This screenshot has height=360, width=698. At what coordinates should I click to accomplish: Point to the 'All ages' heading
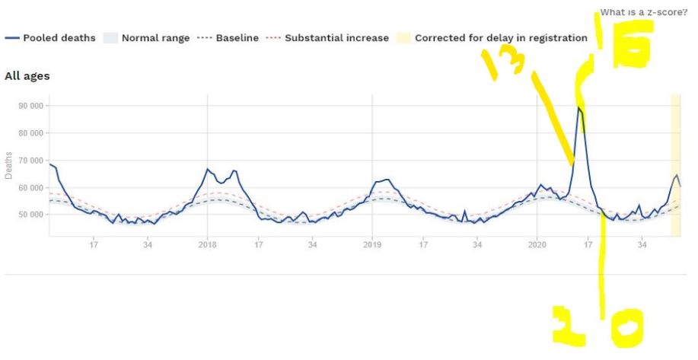pyautogui.click(x=27, y=76)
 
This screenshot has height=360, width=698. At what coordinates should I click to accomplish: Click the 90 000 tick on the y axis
pyautogui.click(x=31, y=106)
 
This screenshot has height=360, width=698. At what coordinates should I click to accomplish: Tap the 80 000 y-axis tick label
pyautogui.click(x=31, y=133)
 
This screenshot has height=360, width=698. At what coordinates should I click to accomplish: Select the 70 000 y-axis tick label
pyautogui.click(x=31, y=161)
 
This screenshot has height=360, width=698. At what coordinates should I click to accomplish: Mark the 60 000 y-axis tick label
pyautogui.click(x=31, y=188)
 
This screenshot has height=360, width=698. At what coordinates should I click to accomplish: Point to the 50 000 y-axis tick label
pyautogui.click(x=31, y=215)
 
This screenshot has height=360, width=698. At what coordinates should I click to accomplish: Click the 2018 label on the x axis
pyautogui.click(x=208, y=244)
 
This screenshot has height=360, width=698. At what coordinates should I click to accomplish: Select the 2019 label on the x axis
pyautogui.click(x=372, y=244)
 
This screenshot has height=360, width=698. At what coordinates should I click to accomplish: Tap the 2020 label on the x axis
pyautogui.click(x=537, y=244)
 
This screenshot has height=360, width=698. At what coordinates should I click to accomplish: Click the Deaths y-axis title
pyautogui.click(x=9, y=164)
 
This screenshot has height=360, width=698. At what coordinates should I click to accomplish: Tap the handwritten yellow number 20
pyautogui.click(x=598, y=327)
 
